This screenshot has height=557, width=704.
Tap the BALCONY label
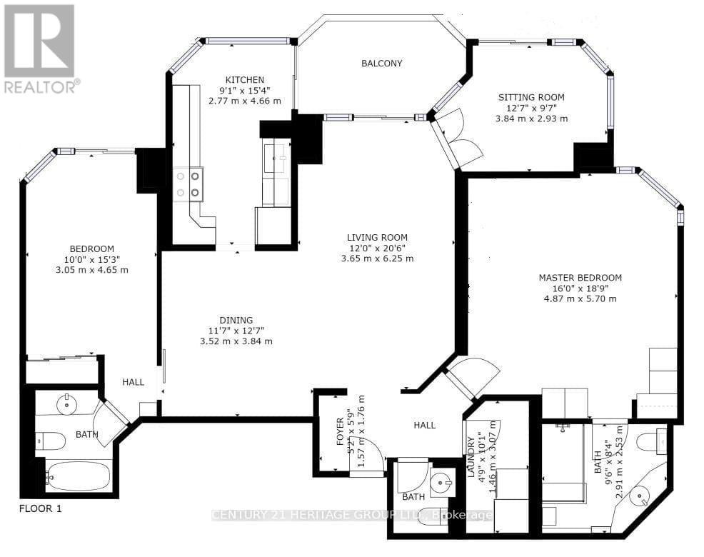381,64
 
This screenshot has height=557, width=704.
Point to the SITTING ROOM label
531,97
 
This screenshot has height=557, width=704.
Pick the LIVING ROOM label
377,238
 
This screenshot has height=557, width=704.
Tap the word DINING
236,320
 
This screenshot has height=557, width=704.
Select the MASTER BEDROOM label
580,278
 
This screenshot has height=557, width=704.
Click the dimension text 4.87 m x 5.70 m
580,298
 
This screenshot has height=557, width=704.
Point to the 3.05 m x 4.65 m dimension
92,270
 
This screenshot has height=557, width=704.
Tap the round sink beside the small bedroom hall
66,404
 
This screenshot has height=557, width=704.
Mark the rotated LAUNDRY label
470,458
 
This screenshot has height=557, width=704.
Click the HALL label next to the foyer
425,425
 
